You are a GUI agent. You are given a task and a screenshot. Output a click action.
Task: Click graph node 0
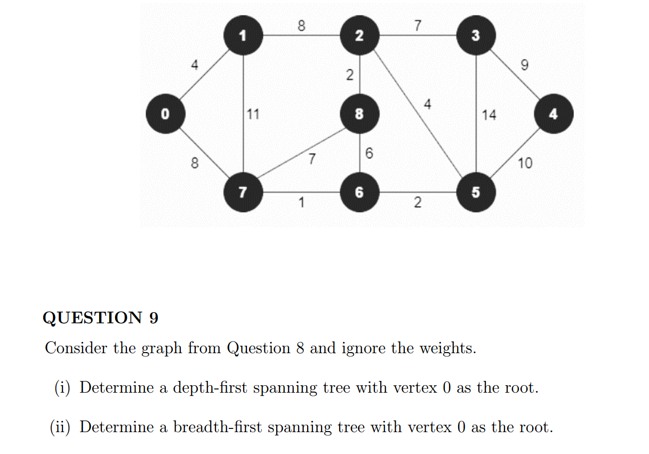point(165,113)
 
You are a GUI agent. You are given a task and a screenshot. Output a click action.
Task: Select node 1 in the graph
point(243,36)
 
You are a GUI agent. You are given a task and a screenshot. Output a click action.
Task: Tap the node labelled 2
point(359,36)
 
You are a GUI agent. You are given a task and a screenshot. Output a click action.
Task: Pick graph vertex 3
point(476,36)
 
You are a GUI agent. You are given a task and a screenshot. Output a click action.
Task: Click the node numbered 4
point(554,113)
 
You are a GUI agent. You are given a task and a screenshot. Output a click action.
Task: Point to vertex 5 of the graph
point(476,192)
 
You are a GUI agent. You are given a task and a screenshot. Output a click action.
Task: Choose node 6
point(359,192)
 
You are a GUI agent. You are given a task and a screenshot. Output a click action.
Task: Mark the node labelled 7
point(243,192)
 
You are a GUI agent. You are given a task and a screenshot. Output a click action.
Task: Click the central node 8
point(359,114)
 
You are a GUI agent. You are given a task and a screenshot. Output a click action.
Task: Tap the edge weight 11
point(253,114)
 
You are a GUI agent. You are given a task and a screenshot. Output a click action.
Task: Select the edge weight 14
point(488,115)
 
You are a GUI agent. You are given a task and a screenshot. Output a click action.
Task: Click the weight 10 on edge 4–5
point(525,163)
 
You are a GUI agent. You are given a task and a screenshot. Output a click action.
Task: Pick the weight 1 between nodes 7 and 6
point(301,202)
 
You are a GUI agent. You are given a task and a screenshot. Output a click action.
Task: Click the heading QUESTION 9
point(100,317)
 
